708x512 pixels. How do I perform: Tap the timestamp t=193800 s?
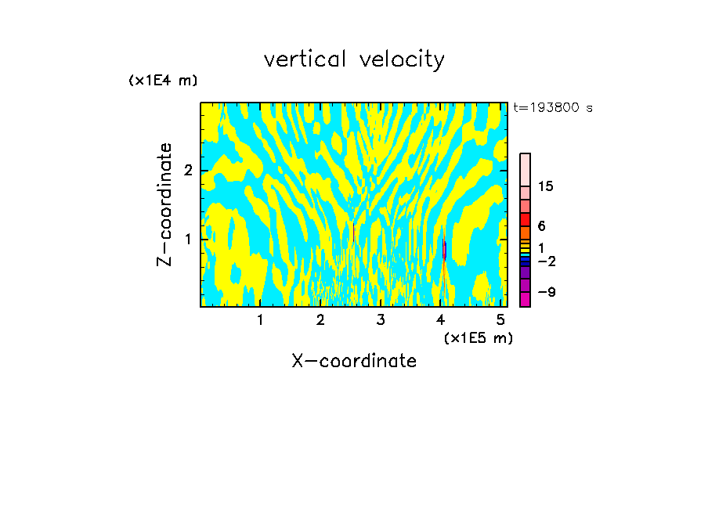pos(553,107)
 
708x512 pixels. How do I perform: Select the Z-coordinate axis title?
pos(164,204)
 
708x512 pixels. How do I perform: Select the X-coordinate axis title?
pos(354,361)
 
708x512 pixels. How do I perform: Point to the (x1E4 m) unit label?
pos(163,81)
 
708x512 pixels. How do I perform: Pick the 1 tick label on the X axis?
pos(260,319)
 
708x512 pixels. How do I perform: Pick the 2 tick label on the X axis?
pos(320,319)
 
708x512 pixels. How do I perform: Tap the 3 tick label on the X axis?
pos(381,319)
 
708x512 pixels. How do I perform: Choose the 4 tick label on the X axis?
pos(441,319)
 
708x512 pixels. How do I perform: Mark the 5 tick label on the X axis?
pos(501,319)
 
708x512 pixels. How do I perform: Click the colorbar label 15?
pos(546,186)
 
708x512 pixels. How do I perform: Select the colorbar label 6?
pos(541,226)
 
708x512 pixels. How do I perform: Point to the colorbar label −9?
pos(546,292)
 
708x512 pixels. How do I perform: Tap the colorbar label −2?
pos(546,261)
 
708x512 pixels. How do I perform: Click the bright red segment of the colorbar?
pos(525,219)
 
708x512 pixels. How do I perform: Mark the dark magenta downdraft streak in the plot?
pos(445,250)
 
